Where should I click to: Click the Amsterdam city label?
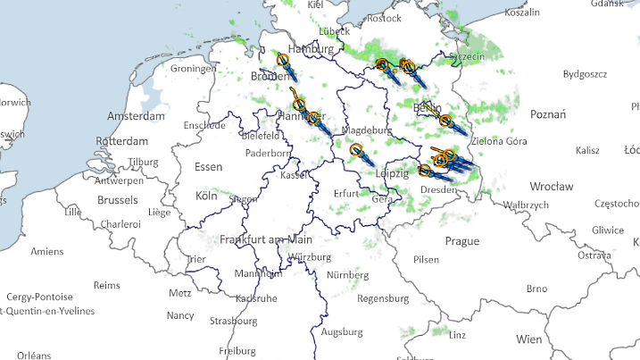coord(136,116)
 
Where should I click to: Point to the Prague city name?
coord(462,241)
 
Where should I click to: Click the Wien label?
coord(528,339)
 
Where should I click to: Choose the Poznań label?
coord(548,113)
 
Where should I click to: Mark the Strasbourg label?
coord(233,321)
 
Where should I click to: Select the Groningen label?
coord(194,68)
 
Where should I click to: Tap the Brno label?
coord(536,289)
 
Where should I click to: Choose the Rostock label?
coord(384,18)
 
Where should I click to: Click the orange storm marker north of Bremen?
coord(283,60)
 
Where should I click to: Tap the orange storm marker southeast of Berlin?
coord(445,121)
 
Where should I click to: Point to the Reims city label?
coord(106,285)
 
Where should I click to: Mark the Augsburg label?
coord(341,331)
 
